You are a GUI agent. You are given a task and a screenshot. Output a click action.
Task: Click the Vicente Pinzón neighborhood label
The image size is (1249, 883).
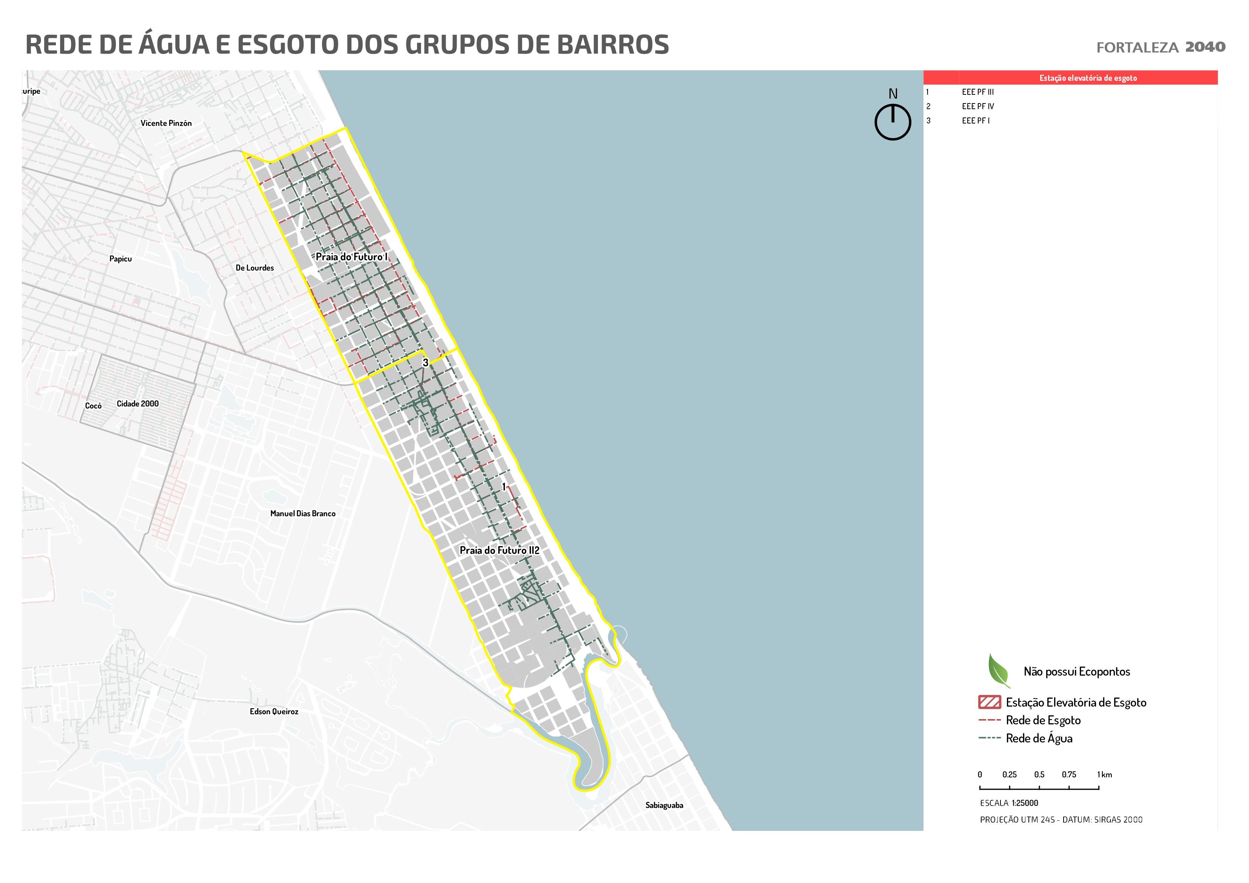coord(166,123)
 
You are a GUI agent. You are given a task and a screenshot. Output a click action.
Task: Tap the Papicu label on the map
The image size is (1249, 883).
coord(120,259)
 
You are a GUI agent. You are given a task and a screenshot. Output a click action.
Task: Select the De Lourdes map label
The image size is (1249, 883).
coord(255,268)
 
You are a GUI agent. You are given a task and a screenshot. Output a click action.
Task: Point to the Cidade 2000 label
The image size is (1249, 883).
coord(137,404)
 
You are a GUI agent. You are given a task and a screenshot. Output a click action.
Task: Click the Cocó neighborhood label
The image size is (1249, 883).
coord(93,406)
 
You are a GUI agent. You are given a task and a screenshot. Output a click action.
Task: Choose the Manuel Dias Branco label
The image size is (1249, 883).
coord(303,514)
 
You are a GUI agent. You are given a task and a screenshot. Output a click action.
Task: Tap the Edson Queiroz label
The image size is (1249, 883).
coord(273,712)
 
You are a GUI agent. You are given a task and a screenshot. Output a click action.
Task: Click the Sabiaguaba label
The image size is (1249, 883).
coord(664,805)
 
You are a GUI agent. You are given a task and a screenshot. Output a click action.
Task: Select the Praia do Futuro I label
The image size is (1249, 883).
coord(351,257)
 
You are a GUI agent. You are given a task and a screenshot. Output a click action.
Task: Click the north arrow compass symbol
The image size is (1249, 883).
coord(893,121)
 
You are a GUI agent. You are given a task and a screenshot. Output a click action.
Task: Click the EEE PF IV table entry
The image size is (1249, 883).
coord(977,107)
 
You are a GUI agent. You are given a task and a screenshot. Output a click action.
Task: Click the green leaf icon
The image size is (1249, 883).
coord(998,670)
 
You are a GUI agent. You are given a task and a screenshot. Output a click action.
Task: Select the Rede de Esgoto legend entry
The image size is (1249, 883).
coord(1043,720)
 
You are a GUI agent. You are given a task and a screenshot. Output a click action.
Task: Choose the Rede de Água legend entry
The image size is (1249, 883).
coord(1039,738)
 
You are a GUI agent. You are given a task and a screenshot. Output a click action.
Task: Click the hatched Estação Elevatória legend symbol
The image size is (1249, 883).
coord(989,702)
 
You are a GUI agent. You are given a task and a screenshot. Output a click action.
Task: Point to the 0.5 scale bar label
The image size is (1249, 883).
coord(1039,775)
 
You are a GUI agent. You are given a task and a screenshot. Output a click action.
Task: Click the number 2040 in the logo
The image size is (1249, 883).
coord(1205,47)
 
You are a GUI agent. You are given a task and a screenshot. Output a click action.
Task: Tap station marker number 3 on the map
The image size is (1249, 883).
coord(425,362)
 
